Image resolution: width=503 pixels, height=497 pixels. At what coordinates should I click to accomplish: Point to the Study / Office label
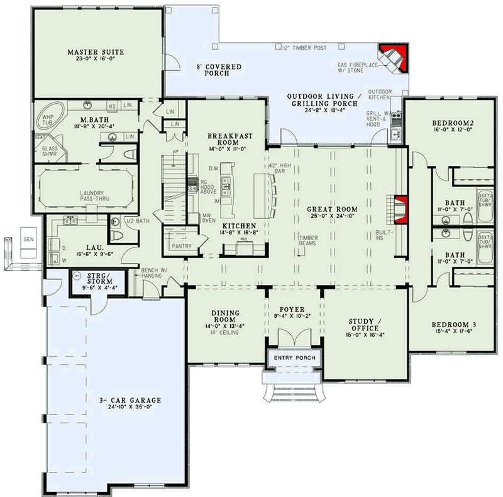click(363, 325)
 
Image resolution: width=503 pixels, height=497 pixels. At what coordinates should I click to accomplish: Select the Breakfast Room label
click(224, 138)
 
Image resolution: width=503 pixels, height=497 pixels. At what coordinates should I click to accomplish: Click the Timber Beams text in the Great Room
click(307, 240)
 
